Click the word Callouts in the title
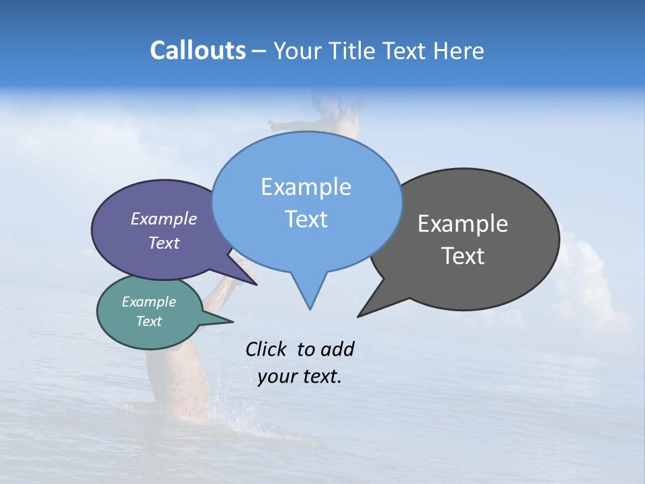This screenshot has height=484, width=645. pos(198,50)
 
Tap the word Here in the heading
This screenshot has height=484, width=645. pos(459,50)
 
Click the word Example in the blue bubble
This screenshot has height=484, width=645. pos(306,187)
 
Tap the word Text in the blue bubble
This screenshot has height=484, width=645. pos(306,219)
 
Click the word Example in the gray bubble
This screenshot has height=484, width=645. pos(463,224)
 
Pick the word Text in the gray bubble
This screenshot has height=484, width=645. pos(463,256)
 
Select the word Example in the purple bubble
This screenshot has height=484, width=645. pos(164,218)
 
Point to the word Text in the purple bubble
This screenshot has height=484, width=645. pos(164,243)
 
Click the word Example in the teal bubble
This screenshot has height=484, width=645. pos(148,302)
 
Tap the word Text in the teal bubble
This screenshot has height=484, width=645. pos(148,321)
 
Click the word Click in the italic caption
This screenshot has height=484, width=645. pos(267,349)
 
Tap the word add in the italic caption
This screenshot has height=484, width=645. pos(337,349)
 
